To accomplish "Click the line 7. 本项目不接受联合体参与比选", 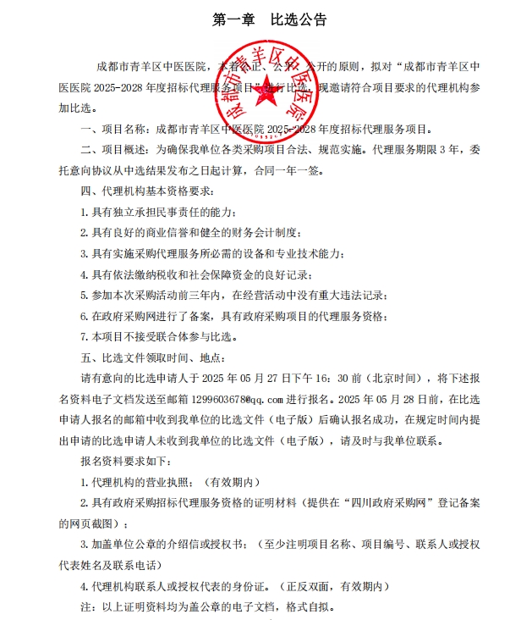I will [x=156, y=335].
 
